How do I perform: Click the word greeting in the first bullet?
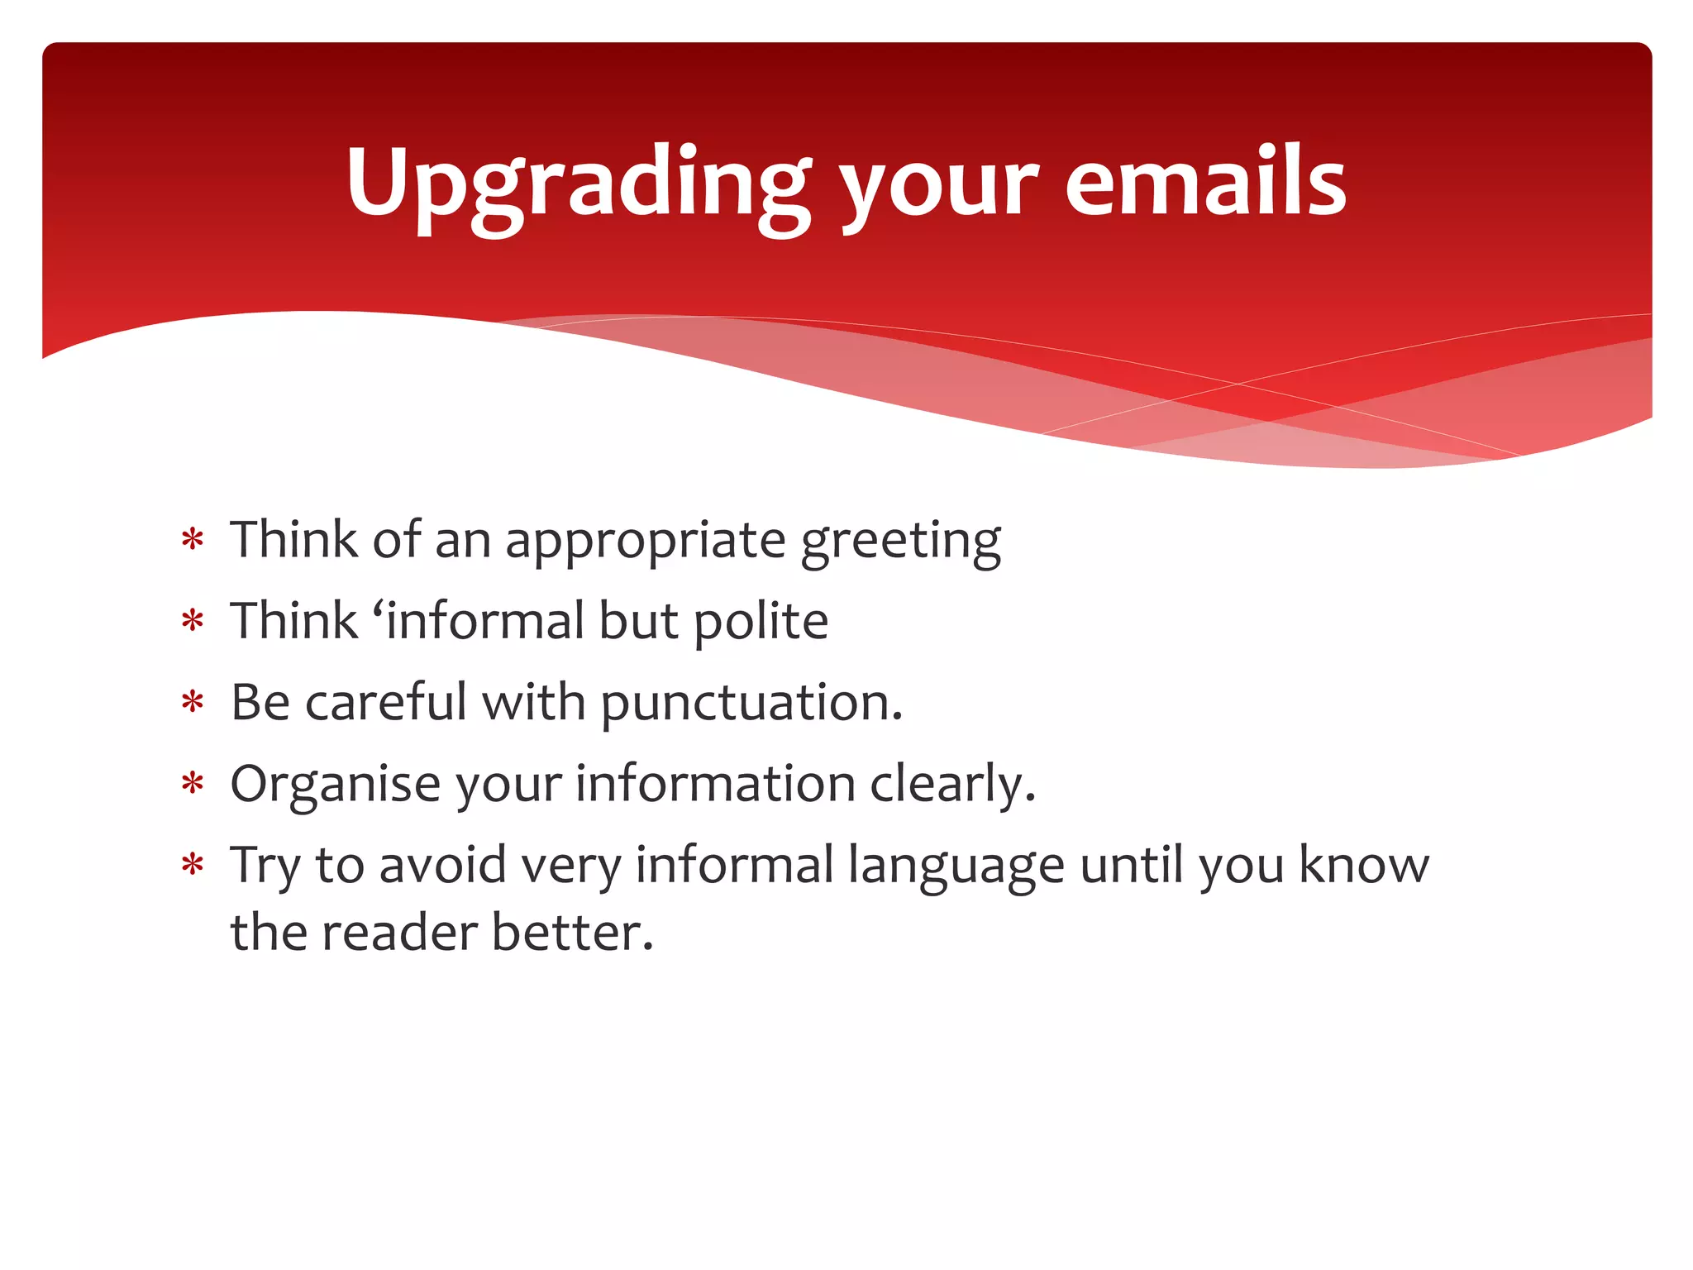[x=901, y=542]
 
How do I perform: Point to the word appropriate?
[x=645, y=542]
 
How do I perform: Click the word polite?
[x=761, y=622]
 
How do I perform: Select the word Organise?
[x=335, y=785]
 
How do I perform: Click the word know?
[x=1363, y=865]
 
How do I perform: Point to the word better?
[x=572, y=933]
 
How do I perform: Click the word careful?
[x=386, y=703]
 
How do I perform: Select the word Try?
[x=265, y=867]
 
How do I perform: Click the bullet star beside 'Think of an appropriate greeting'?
[x=193, y=541]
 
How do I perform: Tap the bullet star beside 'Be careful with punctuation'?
[x=193, y=704]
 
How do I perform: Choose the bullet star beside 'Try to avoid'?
[x=193, y=866]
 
